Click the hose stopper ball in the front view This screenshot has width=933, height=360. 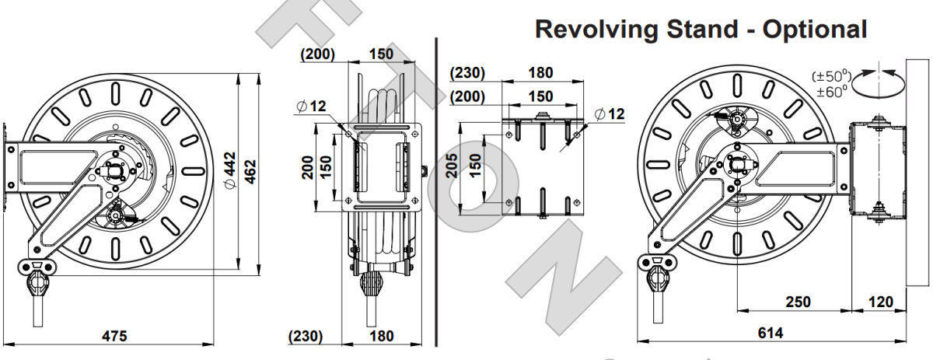(372, 284)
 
